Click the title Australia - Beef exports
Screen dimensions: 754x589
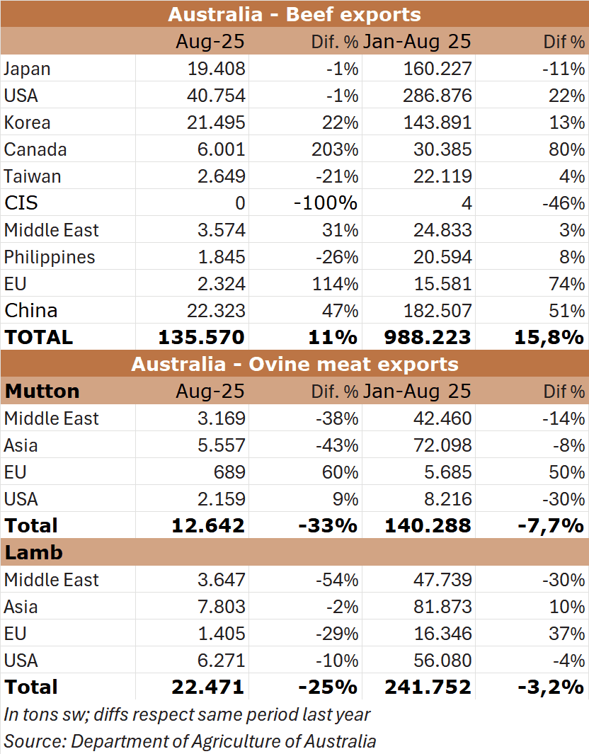[294, 14]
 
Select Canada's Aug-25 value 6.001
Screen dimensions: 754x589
[222, 149]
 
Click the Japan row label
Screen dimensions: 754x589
[28, 69]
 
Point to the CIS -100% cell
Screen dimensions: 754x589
[326, 203]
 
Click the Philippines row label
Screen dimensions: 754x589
[50, 257]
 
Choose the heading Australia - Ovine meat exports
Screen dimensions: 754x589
[294, 365]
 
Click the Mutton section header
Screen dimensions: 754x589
[42, 392]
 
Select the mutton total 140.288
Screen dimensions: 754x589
[428, 525]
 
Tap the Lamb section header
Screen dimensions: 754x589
[34, 552]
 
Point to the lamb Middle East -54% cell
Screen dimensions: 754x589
[336, 580]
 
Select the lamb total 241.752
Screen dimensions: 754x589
[428, 687]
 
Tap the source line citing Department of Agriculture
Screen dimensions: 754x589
[190, 741]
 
